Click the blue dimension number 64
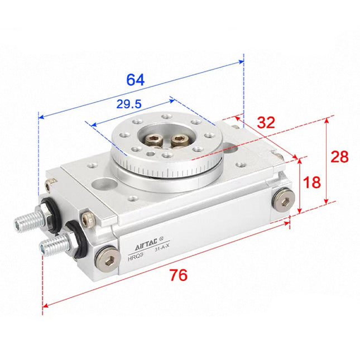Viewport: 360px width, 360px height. point(135,79)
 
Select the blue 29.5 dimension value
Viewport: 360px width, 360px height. point(128,104)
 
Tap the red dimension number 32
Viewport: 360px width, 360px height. point(267,123)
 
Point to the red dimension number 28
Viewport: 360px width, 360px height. point(339,157)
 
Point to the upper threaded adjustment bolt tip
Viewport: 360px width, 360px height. point(22,224)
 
